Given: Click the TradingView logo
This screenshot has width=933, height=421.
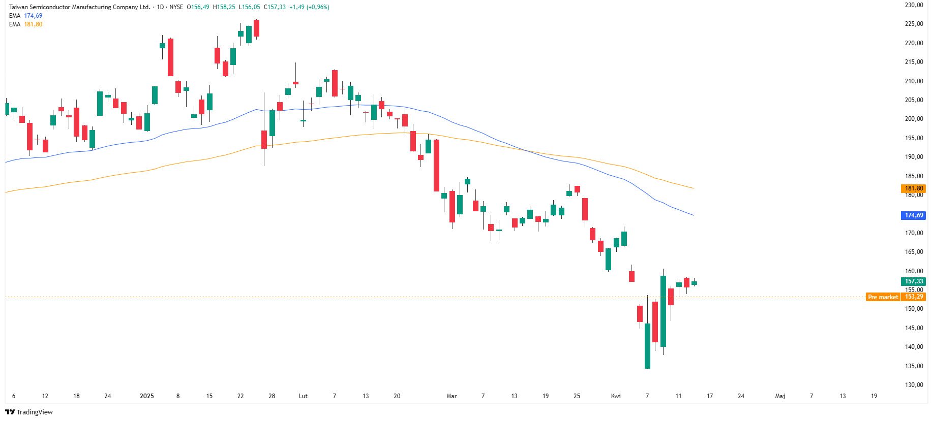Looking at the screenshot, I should pos(29,412).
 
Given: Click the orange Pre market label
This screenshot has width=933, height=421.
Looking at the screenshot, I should pos(883,297).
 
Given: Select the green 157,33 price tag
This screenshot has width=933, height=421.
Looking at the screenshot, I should pos(914,281).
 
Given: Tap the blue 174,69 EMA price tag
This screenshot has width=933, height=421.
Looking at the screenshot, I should pos(914,215).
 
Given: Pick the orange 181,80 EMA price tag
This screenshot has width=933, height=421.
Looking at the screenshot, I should pos(914,188).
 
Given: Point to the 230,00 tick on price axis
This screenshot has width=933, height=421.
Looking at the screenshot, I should pos(914,5).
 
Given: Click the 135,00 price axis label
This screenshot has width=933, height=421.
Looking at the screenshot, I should pos(914,366).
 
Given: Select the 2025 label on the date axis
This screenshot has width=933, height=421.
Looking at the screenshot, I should pos(146,396).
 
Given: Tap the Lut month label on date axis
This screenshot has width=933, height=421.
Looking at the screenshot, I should pos(303,396).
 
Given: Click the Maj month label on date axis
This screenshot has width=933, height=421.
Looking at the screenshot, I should pos(780,396).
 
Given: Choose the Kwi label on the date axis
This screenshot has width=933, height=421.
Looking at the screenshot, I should pos(616,396).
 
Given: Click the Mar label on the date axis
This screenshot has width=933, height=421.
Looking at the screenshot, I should pos(452,396).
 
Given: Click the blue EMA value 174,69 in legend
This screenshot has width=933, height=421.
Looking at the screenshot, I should pos(33,16).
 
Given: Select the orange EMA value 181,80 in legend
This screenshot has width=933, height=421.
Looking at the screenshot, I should pos(33,24).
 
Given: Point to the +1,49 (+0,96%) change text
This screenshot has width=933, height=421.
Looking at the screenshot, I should pos(309,7).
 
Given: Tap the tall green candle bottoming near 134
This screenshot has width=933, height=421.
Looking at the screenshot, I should pos(647,345).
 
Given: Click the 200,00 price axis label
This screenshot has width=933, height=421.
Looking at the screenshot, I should pos(914,119).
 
